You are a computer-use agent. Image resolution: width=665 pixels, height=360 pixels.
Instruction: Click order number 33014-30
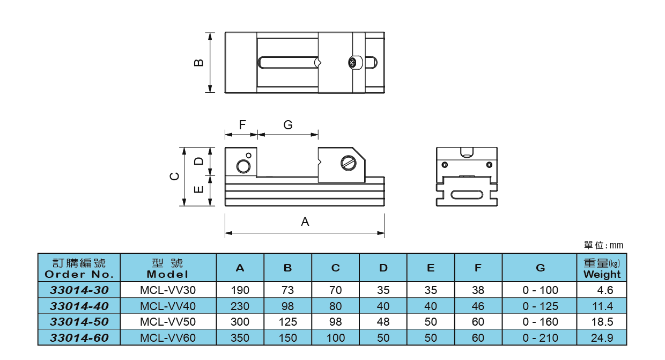point(79,290)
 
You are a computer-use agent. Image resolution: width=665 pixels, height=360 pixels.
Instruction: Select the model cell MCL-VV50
point(168,322)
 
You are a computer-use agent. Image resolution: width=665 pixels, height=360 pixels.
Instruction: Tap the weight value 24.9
point(602,338)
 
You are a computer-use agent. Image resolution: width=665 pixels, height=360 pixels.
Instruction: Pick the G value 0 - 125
point(540,306)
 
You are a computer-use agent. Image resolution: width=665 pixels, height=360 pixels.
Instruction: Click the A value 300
point(240,322)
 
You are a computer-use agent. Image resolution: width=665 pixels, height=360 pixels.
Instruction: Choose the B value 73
point(287,290)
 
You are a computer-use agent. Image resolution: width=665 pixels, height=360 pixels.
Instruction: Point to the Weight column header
point(602,268)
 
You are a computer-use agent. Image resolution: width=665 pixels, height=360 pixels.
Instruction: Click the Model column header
point(168,268)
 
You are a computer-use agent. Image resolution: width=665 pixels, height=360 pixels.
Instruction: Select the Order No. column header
point(79,268)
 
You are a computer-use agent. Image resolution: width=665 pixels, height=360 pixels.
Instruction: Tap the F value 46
point(478,306)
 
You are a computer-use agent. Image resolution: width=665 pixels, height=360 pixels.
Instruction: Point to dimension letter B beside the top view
point(199,63)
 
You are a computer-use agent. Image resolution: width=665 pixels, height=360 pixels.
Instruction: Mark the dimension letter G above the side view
point(288,125)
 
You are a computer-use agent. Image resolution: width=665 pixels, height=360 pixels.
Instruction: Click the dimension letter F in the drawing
point(242,125)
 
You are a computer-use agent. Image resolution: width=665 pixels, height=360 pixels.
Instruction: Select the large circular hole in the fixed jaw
point(244,167)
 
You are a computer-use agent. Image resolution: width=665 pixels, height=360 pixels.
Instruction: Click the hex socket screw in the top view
point(353,63)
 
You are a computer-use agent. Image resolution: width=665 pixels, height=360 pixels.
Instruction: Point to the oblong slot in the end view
point(467,195)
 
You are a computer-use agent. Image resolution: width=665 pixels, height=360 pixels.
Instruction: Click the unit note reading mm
point(604,245)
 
